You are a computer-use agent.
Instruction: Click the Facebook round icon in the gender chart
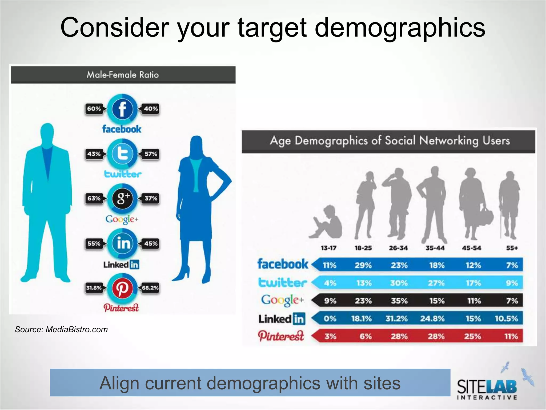pos(122,109)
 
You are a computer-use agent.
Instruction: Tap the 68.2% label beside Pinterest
pos(150,288)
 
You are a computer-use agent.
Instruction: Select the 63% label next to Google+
pos(94,198)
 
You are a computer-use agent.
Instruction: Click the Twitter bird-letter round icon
pos(122,154)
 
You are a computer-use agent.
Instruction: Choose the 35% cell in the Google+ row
pos(399,301)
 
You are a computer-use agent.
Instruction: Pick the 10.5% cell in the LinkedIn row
pos(506,318)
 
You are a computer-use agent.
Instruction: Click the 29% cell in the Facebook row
pos(363,265)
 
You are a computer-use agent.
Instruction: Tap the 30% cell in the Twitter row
pos(399,283)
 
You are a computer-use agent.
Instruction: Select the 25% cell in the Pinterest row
pos(472,336)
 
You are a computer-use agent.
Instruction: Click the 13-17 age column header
pos(329,248)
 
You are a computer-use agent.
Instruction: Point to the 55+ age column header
pos(512,248)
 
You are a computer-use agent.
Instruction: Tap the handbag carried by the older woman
pos(486,218)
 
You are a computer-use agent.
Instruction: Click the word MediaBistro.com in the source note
pos(77,330)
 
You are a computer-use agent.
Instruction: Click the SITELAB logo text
pos(487,387)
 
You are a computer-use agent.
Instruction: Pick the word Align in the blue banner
pos(118,383)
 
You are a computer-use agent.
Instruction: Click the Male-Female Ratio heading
pos(123,75)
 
